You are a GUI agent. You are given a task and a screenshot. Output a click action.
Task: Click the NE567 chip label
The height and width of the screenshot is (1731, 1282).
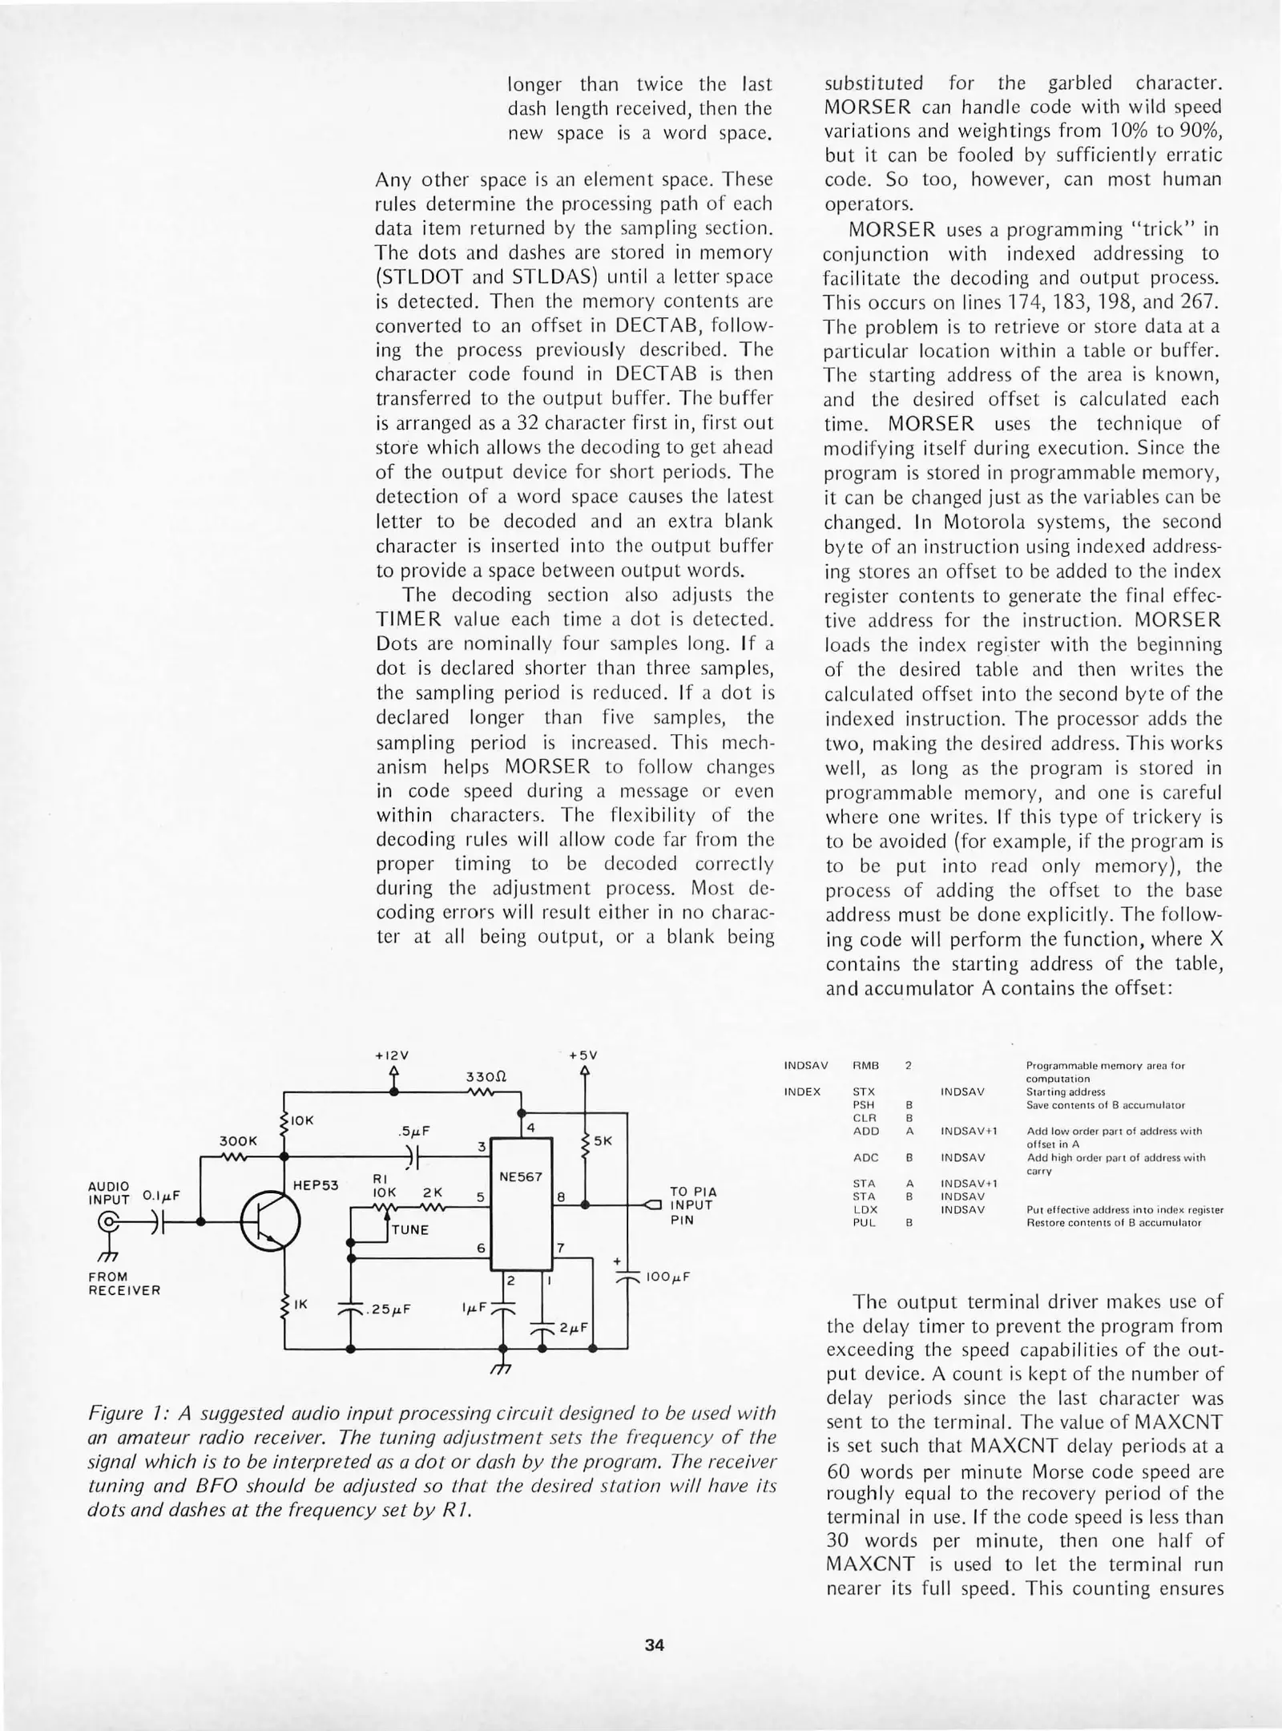click(521, 1177)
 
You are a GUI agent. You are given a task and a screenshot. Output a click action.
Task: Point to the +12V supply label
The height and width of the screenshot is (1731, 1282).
click(392, 1055)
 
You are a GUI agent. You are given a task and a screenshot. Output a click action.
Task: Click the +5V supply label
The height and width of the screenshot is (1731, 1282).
click(583, 1055)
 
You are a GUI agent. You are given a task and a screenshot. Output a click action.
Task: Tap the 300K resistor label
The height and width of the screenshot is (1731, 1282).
click(238, 1140)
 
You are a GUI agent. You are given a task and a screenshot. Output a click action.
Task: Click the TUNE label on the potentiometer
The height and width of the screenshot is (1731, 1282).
click(410, 1229)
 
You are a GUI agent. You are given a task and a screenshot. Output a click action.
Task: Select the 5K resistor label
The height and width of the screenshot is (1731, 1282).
click(603, 1140)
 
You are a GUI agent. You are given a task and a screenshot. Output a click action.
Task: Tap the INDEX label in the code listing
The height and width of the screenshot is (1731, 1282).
click(802, 1091)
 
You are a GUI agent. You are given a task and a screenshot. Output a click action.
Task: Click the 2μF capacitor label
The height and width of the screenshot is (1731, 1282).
click(574, 1327)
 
